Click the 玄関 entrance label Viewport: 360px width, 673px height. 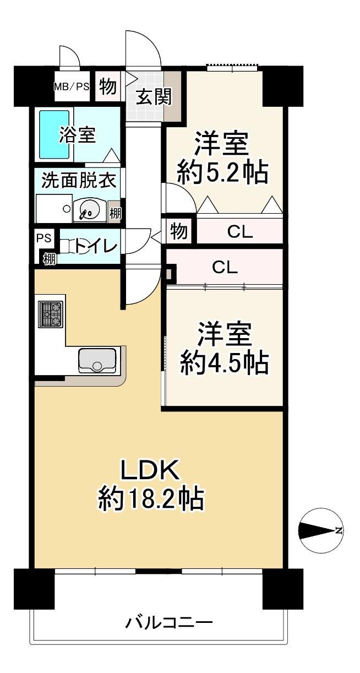[154, 96]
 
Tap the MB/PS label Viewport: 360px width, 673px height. [72, 86]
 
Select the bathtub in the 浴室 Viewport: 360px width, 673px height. [54, 134]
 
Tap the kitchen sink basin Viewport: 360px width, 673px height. [97, 360]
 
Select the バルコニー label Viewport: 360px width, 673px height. [169, 621]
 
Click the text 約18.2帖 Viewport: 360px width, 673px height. [151, 498]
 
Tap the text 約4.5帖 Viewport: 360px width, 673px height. [223, 363]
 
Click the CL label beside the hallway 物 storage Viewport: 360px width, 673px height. [240, 232]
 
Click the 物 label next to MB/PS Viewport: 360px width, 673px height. [108, 86]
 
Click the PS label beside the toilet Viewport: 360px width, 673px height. [44, 238]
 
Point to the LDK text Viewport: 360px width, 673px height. [150, 469]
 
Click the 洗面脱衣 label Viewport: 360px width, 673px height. [79, 181]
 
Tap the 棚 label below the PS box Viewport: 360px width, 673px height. [50, 259]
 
